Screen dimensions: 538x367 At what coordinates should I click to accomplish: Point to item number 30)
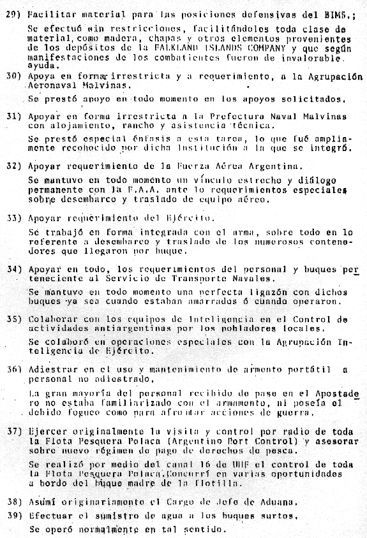click(13, 76)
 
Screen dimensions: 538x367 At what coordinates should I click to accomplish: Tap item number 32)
click(13, 166)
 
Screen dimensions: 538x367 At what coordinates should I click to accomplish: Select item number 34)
click(13, 268)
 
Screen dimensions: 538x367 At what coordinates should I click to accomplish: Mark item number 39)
click(13, 516)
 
